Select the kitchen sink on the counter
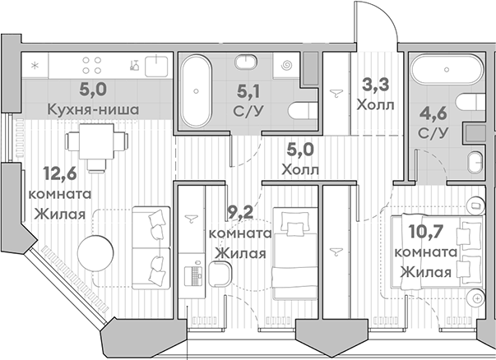coord(153,63)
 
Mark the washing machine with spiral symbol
coord(285,63)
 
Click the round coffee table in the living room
coord(93,251)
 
